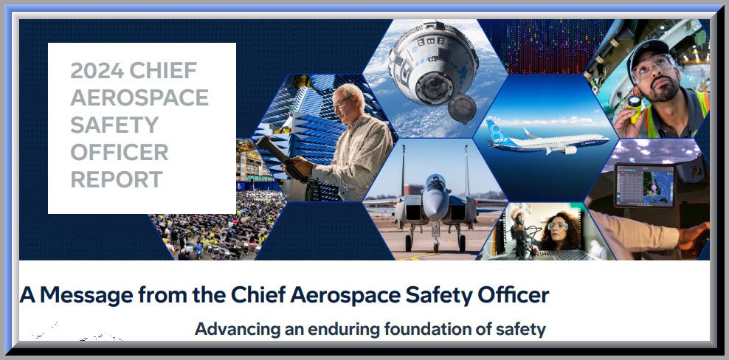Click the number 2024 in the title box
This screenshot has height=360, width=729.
tap(97, 70)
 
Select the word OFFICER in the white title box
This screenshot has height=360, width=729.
tap(119, 152)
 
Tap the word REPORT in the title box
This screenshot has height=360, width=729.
tap(117, 179)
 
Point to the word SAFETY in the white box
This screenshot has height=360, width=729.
tap(114, 125)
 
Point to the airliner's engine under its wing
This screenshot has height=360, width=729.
tap(569, 150)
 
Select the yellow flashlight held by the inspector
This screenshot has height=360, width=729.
tap(634, 108)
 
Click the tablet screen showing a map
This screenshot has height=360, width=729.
tap(644, 184)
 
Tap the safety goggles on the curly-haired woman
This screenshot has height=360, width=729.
tap(558, 226)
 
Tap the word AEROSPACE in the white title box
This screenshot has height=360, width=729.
tap(139, 97)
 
